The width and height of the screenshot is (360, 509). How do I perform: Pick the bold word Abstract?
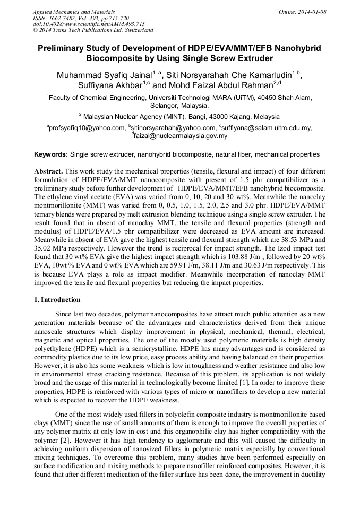[x=49, y=172]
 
